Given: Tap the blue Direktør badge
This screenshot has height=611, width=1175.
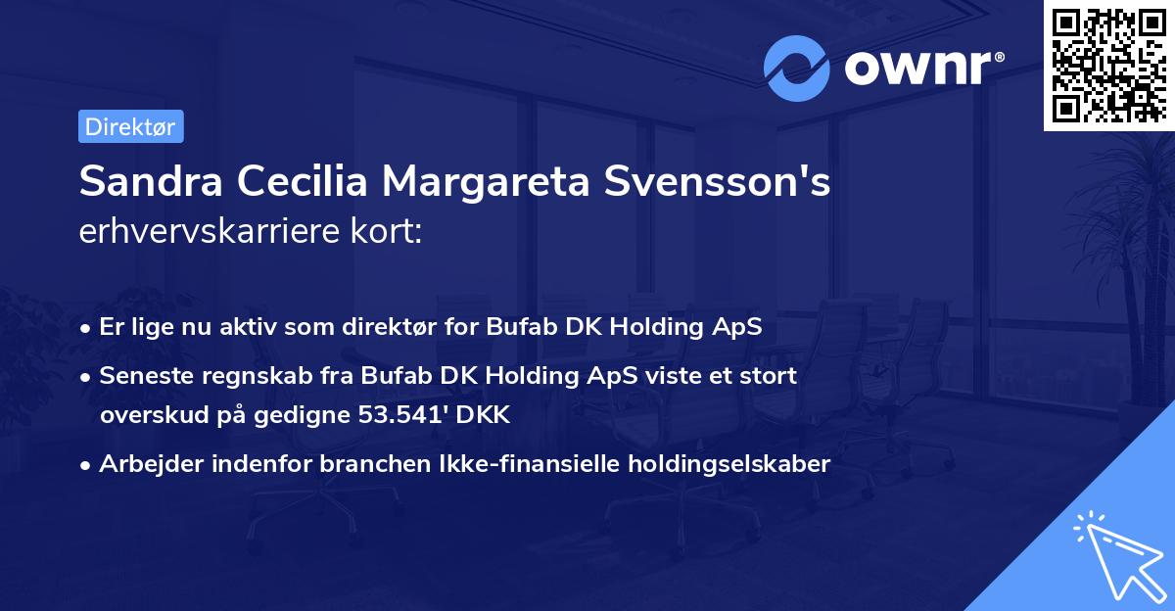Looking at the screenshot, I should tap(130, 126).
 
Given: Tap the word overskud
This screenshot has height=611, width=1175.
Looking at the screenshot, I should tap(147, 414).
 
